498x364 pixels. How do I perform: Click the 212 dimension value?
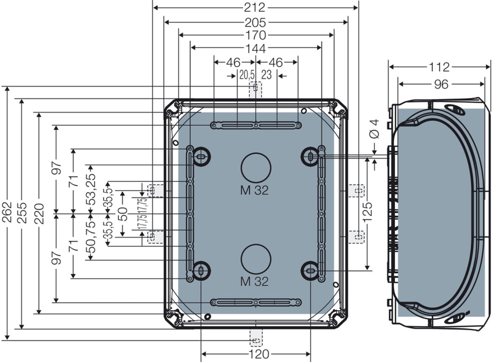pos(255,8)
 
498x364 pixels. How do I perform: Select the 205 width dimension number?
pos(255,23)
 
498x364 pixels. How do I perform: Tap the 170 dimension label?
pos(256,35)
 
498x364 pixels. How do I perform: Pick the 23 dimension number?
pos(266,75)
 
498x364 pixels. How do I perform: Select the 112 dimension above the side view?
pos(439,67)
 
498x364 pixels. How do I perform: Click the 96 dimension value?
pos(441,84)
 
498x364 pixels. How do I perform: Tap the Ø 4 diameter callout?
pos(374,128)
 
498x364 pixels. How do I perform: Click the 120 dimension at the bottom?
pos(259,354)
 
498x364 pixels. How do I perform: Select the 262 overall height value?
pos(7,212)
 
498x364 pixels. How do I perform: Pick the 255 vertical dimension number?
pos(22,213)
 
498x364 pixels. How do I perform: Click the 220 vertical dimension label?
pos(39,213)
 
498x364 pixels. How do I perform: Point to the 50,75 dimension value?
pos(91,238)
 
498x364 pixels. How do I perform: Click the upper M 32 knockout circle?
pos(256,153)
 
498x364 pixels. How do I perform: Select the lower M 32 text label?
pos(255,282)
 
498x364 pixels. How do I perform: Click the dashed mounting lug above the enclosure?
pos(256,89)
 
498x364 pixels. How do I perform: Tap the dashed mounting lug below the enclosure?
pos(256,338)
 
